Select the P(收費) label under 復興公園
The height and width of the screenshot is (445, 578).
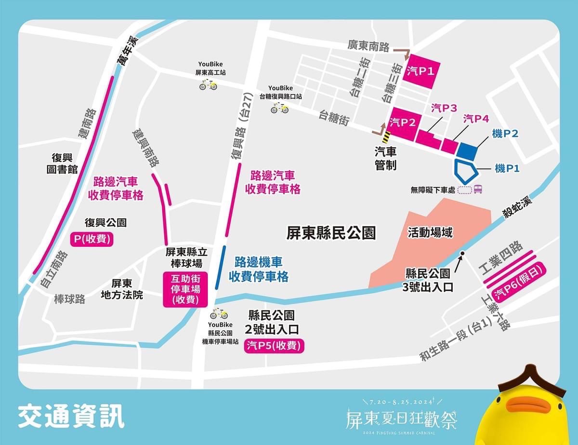(x=92, y=240)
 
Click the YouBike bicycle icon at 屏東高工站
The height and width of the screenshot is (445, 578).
(x=208, y=85)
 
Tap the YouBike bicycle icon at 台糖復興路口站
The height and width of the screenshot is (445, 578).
(x=279, y=108)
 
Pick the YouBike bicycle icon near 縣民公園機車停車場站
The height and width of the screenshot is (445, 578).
(x=219, y=314)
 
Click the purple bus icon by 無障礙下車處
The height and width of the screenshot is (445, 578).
(x=478, y=189)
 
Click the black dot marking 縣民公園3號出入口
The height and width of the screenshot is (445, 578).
(x=462, y=253)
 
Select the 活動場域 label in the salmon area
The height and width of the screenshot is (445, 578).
(x=430, y=233)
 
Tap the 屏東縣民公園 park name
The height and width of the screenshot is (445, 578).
(x=330, y=233)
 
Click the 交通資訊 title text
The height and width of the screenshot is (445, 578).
(x=71, y=417)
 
